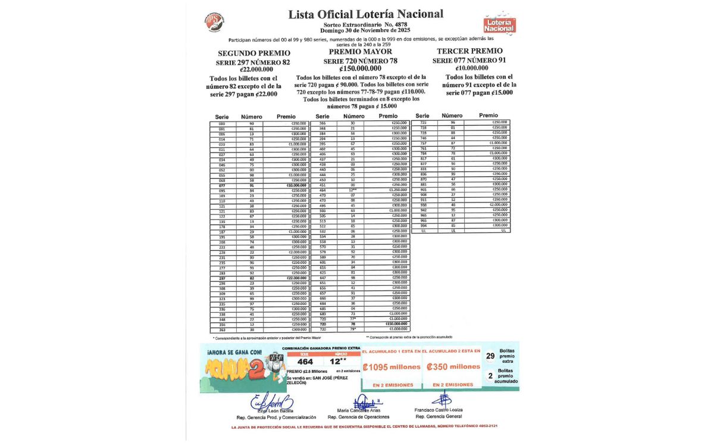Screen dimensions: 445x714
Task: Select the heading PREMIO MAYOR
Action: [357, 52]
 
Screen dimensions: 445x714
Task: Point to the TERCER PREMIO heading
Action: [469, 51]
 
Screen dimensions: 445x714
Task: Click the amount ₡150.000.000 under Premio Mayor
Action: [357, 69]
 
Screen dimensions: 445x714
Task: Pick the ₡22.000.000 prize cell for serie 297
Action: [296, 278]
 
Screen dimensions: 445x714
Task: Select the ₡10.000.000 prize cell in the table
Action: [296, 185]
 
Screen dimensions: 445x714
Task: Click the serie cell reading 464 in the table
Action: [322, 190]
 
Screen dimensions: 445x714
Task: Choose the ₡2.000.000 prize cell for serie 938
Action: [497, 204]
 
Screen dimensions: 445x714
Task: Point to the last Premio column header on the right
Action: [488, 116]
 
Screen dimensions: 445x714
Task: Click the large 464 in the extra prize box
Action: [305, 361]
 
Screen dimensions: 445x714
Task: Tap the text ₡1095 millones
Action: [392, 367]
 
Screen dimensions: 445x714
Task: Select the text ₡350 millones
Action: [453, 367]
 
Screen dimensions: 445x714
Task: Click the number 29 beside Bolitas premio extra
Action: [490, 356]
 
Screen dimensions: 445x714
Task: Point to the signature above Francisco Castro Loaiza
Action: [441, 399]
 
